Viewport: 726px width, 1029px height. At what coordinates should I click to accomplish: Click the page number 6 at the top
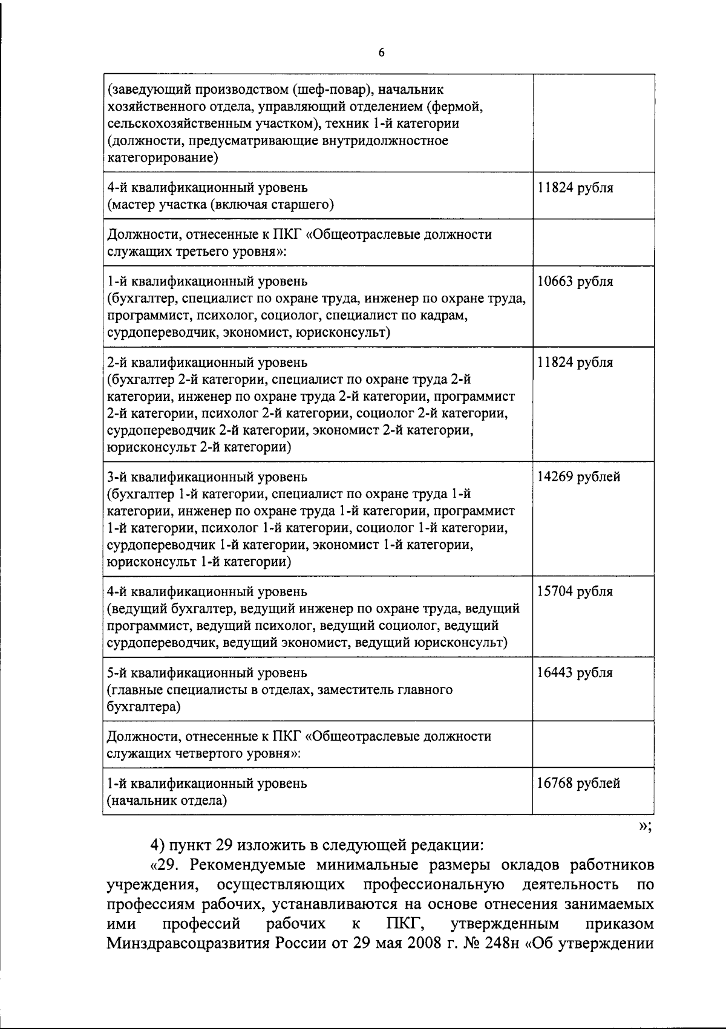pos(381,53)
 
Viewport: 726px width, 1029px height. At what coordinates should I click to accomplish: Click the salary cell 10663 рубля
pos(575,282)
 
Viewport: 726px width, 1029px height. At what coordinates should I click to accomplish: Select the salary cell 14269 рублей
pos(578,477)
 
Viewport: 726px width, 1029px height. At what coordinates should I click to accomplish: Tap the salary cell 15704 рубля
pos(575,591)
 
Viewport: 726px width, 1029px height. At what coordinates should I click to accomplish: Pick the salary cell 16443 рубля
pos(575,673)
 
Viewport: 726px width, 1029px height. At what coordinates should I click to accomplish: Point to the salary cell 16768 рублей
pos(578,784)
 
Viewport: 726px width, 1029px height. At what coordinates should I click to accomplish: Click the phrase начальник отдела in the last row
pos(167,801)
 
